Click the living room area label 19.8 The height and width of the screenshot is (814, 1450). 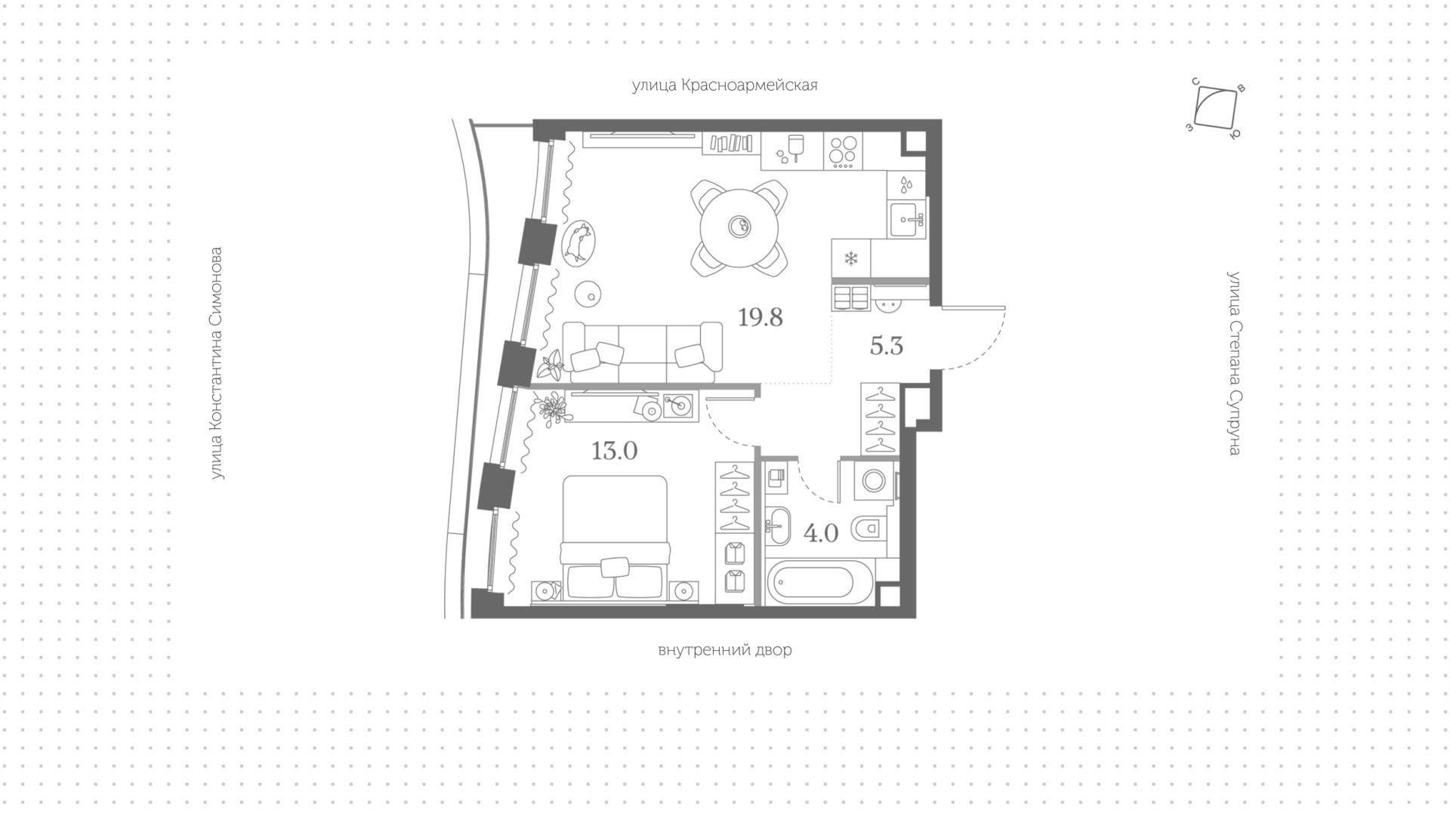760,318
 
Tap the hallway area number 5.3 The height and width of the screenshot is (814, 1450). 887,347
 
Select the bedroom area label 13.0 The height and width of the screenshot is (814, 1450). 615,452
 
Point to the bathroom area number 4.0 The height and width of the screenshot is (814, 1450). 821,534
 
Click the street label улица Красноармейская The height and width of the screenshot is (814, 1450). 725,85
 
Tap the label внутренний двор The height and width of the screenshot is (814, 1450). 725,650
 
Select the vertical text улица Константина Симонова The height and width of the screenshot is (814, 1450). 217,363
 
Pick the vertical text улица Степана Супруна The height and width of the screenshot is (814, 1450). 1234,363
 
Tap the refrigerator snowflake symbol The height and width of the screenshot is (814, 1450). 851,260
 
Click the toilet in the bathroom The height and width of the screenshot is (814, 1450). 869,529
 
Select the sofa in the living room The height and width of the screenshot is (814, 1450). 643,353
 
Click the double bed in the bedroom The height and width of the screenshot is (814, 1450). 614,538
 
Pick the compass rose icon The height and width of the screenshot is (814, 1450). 1215,109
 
